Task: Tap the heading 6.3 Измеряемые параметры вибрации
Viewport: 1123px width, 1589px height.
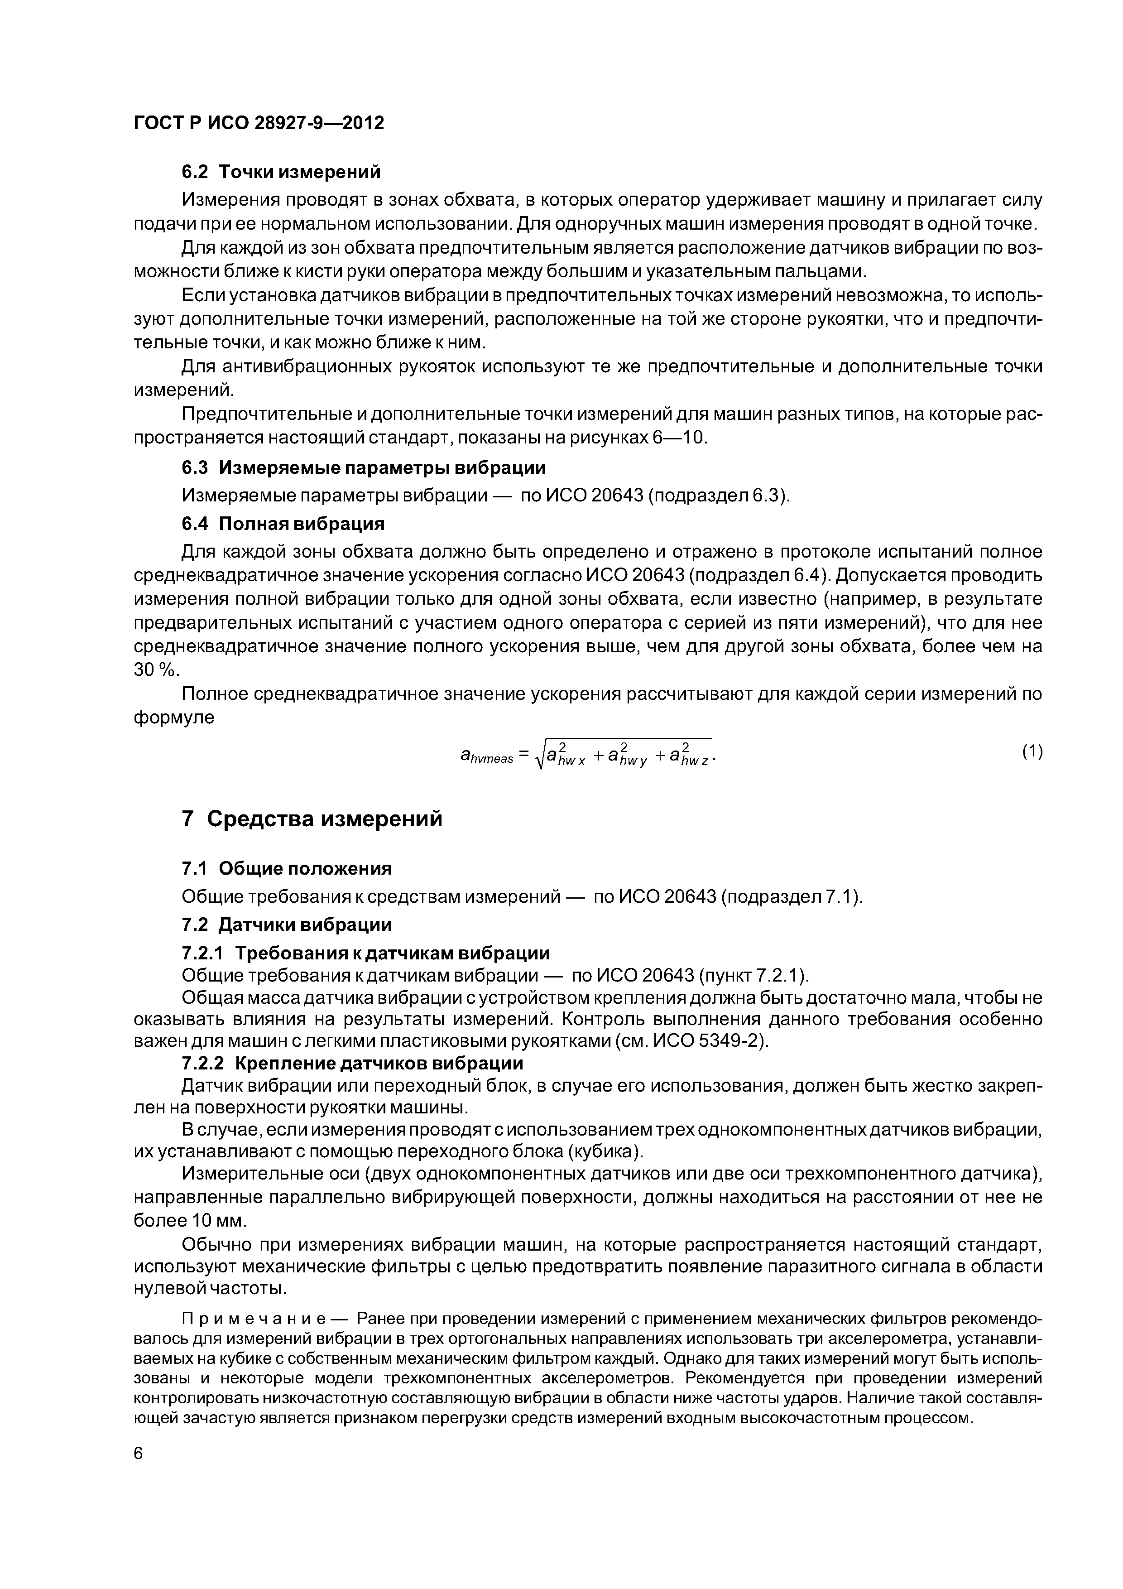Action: point(363,468)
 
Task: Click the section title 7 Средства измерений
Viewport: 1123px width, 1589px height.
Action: point(312,819)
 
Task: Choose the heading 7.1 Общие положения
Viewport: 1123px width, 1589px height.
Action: point(287,868)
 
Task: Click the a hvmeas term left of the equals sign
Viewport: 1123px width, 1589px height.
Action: point(486,756)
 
